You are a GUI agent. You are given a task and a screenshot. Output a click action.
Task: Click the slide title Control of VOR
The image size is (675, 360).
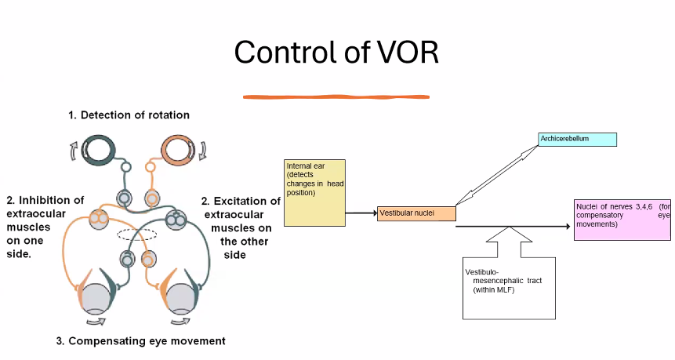point(336,52)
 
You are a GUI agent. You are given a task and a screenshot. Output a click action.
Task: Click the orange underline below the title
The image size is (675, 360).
point(335,96)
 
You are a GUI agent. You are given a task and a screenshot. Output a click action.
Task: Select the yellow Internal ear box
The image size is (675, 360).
point(314,192)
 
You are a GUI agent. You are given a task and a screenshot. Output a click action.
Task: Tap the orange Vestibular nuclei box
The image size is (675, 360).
point(416,213)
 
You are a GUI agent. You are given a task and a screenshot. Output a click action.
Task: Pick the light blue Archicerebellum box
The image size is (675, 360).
point(578,140)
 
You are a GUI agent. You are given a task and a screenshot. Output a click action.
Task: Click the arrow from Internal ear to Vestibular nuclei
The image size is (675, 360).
point(360,213)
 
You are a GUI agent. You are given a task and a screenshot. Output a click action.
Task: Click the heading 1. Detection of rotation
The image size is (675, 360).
point(129,115)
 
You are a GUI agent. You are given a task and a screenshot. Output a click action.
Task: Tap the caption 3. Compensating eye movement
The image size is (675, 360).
point(140,341)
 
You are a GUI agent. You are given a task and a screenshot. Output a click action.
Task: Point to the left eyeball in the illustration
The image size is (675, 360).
point(103,299)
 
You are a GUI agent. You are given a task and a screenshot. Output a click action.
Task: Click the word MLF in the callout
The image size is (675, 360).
point(517,290)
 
